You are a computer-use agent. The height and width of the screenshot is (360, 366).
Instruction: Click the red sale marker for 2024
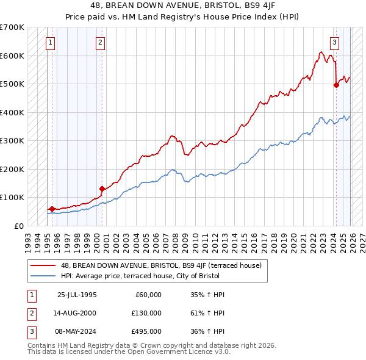coord(336,85)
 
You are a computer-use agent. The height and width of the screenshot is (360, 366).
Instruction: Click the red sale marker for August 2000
coord(102,189)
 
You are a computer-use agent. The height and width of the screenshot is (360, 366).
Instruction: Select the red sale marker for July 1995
coord(52,209)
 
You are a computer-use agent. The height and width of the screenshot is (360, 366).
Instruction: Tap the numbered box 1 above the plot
coord(49,42)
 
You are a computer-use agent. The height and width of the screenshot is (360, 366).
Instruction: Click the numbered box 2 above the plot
coord(100,42)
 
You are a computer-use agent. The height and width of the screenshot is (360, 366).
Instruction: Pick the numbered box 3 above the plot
coord(335,42)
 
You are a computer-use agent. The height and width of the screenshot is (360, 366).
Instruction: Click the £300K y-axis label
coord(12,141)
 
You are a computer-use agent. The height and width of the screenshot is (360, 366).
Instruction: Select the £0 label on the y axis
coord(19,226)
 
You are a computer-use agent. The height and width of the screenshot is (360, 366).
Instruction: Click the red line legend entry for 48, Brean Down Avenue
coord(161,265)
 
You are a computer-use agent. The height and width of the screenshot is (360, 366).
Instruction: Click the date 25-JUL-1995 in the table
coord(77,295)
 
